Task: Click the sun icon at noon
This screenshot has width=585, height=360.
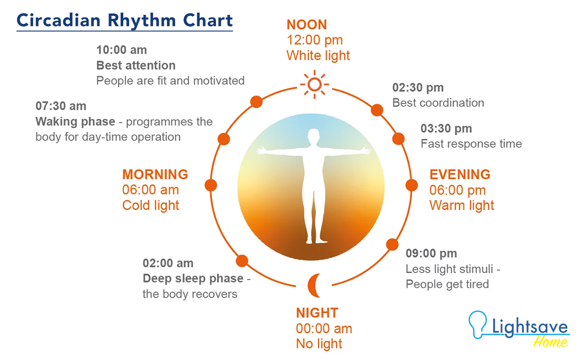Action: (x=315, y=84)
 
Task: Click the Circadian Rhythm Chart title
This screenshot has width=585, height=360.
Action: (x=125, y=21)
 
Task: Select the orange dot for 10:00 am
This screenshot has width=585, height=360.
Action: (x=256, y=102)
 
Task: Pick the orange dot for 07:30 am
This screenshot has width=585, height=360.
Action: (x=224, y=139)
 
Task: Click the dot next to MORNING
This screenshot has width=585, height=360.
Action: (x=211, y=185)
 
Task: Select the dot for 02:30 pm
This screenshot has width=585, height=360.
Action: (x=377, y=110)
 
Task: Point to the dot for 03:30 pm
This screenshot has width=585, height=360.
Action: (x=398, y=139)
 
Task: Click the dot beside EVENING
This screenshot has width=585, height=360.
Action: (x=412, y=185)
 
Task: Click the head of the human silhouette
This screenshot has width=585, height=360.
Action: (x=314, y=135)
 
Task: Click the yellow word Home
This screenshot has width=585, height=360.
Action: (x=550, y=342)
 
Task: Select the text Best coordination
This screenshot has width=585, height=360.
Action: (x=438, y=103)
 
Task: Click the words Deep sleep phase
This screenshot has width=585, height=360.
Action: (x=193, y=279)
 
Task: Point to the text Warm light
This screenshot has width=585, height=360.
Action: (x=462, y=205)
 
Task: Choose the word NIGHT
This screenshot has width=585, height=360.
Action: (x=317, y=313)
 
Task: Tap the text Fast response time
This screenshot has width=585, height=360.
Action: (x=471, y=144)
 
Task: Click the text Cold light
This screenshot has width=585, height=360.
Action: (x=151, y=205)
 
